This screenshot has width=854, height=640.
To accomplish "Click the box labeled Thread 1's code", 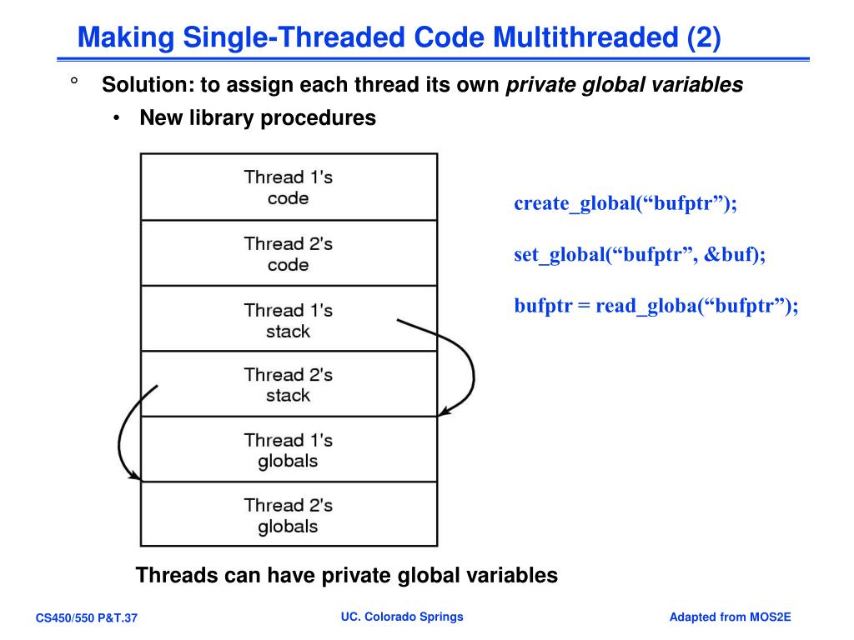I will point(288,187).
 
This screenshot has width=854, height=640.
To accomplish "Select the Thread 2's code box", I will point(288,254).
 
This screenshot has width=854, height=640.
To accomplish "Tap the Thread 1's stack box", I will point(288,320).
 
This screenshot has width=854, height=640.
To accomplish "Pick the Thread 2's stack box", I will point(288,385).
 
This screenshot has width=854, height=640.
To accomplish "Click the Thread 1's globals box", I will point(288,450).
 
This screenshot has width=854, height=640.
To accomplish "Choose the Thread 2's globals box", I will point(288,515).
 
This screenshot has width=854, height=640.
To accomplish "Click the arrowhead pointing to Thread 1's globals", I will point(445,410).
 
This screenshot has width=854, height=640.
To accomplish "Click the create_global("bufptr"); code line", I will point(625,204).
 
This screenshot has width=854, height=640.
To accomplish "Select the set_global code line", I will point(639,255).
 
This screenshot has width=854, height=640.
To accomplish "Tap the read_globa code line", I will point(656,306).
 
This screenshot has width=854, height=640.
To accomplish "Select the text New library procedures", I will point(258,118).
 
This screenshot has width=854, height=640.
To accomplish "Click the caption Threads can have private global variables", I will point(346,575).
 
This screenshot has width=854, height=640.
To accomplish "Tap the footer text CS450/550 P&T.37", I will point(86,618).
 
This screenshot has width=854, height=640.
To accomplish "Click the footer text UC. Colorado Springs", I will point(402,617).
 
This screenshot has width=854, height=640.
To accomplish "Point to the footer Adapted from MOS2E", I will point(730,617).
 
